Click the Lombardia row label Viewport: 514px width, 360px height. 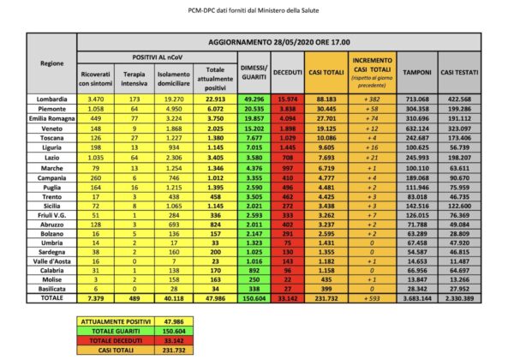(53, 100)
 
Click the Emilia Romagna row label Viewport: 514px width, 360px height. (53, 120)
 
